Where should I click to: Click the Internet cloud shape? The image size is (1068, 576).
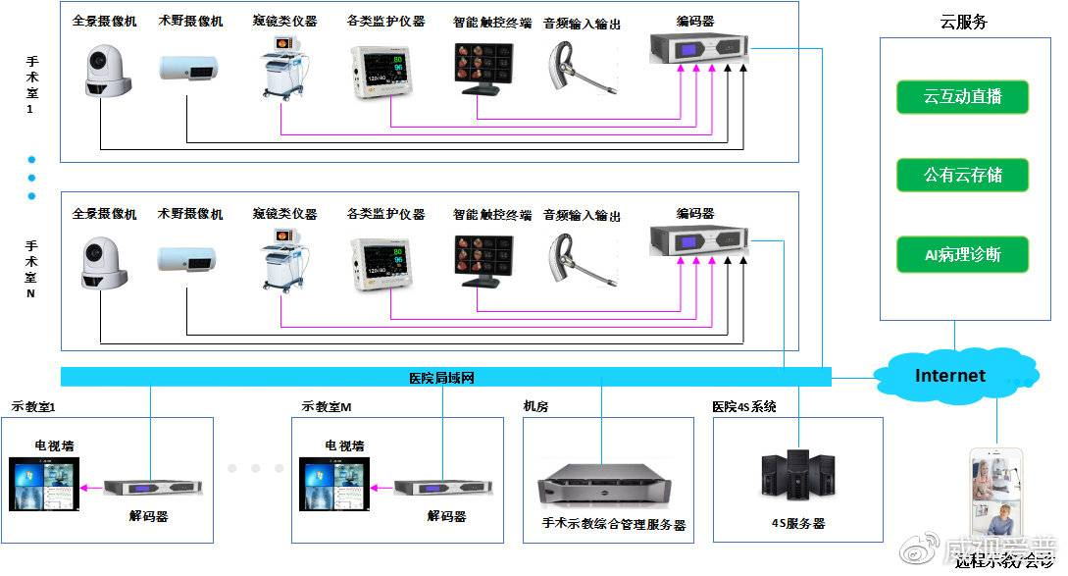point(949,376)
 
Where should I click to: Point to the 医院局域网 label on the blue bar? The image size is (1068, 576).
point(441,378)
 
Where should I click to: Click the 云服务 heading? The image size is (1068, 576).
point(963,22)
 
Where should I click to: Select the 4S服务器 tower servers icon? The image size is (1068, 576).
point(796,476)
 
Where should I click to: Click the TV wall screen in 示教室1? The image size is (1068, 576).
point(43,488)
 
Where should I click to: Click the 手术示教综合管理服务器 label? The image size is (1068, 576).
point(613,525)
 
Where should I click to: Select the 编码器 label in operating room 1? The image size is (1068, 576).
point(694,22)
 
